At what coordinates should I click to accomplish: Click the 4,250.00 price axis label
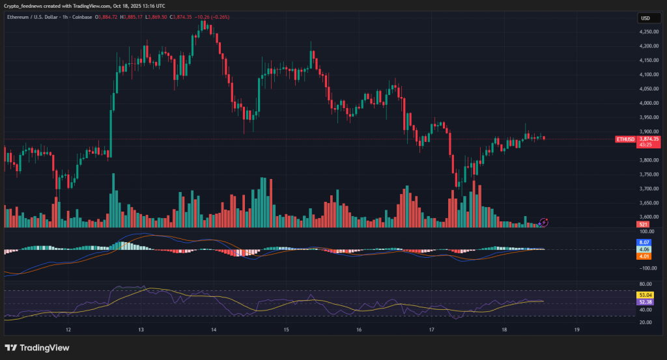coord(647,31)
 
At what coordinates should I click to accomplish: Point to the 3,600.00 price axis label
coord(647,217)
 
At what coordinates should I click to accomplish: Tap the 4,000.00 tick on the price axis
coord(647,103)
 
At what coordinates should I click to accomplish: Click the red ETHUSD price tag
coord(625,139)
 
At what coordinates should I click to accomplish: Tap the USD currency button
coord(646,18)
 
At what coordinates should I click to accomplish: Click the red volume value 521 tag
coord(643,225)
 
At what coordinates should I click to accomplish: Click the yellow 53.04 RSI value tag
coord(645,295)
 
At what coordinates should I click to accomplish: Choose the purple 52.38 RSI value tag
coord(645,302)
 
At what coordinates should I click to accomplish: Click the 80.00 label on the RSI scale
coord(646,284)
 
